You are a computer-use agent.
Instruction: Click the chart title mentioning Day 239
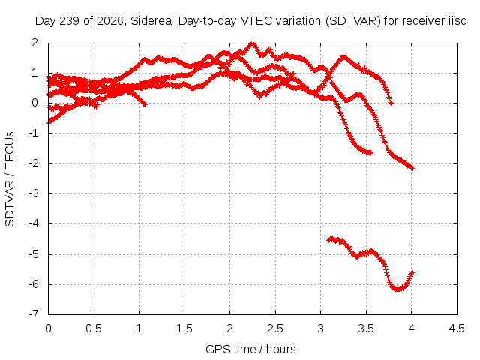tap(250, 21)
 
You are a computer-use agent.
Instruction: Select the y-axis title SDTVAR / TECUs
tap(10, 179)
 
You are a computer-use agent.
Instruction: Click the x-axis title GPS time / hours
tap(250, 349)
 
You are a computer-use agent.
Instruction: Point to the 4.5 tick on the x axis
tap(457, 328)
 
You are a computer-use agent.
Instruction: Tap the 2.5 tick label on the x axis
tap(275, 328)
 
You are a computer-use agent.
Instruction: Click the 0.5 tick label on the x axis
tap(94, 328)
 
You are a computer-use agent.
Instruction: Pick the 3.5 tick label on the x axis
tap(366, 328)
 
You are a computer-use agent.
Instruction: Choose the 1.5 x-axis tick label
tap(184, 328)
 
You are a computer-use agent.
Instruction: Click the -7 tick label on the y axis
tap(33, 314)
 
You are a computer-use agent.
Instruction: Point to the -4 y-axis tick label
tap(33, 223)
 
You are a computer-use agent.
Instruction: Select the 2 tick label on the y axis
tap(35, 43)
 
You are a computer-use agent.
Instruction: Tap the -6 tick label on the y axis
tap(33, 284)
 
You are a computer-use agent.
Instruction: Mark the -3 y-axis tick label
tap(33, 193)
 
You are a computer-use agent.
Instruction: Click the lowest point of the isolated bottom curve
tap(398, 289)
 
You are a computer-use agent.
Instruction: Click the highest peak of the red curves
tap(252, 43)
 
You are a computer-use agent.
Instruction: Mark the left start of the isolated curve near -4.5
tap(329, 239)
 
